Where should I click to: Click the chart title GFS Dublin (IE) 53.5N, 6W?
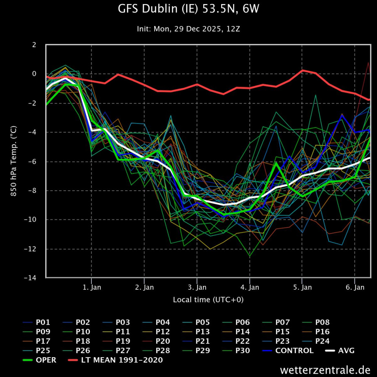pyautogui.click(x=188, y=9)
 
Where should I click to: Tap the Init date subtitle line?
pyautogui.click(x=188, y=29)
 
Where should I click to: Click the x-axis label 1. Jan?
pyautogui.click(x=91, y=287)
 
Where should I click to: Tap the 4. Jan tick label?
pyautogui.click(x=250, y=287)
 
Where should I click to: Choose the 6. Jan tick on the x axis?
pyautogui.click(x=355, y=287)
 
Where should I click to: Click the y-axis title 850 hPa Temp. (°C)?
pyautogui.click(x=14, y=161)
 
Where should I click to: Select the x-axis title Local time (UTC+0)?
pyautogui.click(x=208, y=300)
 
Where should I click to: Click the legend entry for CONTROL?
pyautogui.click(x=294, y=350)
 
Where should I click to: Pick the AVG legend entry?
pyautogui.click(x=346, y=350)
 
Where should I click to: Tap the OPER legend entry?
pyautogui.click(x=46, y=360)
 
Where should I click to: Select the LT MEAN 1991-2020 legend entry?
pyautogui.click(x=122, y=360)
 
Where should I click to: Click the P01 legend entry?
pyautogui.click(x=43, y=322)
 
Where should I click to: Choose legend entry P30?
pyautogui.click(x=242, y=350)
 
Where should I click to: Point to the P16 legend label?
pyautogui.click(x=322, y=332)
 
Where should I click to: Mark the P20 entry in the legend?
pyautogui.click(x=163, y=341)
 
